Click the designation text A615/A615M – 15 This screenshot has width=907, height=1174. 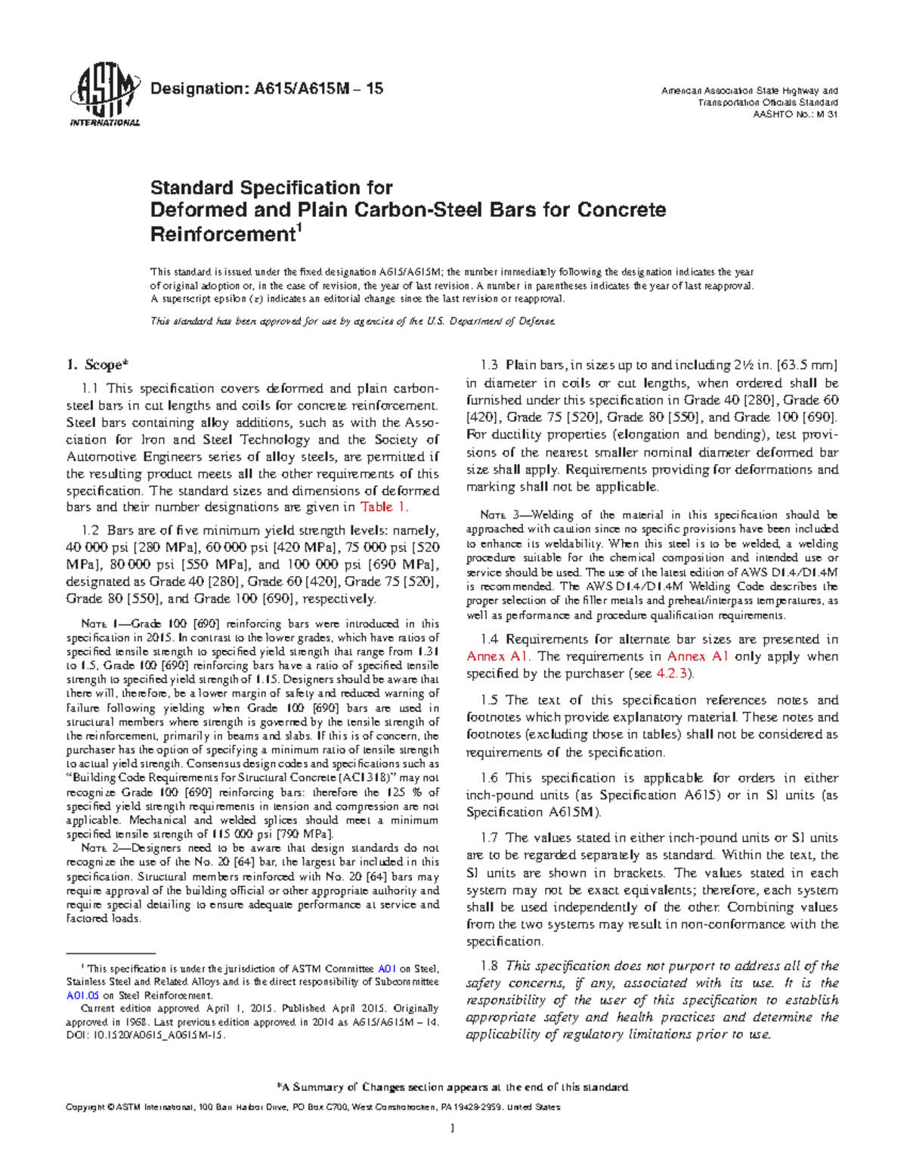tap(267, 89)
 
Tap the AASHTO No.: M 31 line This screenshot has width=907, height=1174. tap(796, 115)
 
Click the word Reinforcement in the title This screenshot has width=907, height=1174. tap(221, 235)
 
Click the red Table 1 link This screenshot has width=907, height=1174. tap(384, 507)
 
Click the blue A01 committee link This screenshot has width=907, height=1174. tap(386, 968)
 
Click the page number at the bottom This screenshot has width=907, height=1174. tap(453, 1129)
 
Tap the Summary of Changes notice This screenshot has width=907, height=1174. tap(453, 1088)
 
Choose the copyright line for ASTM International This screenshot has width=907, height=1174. tap(313, 1107)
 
